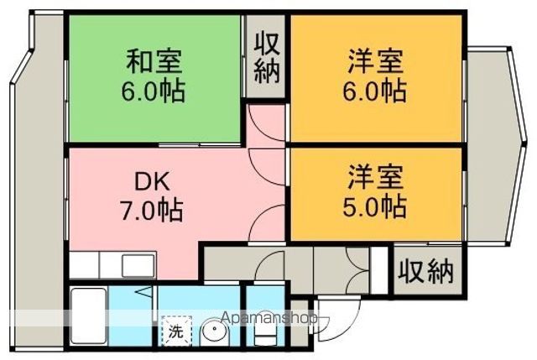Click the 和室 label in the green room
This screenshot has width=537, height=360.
tap(155, 61)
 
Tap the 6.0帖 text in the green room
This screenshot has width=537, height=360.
tap(155, 90)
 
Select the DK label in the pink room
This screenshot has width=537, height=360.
tap(155, 180)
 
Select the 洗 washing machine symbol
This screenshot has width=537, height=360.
tap(175, 331)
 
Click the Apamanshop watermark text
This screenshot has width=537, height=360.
tap(270, 320)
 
